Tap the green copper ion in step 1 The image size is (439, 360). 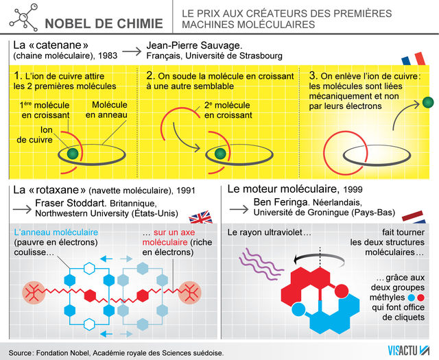(71, 152)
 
